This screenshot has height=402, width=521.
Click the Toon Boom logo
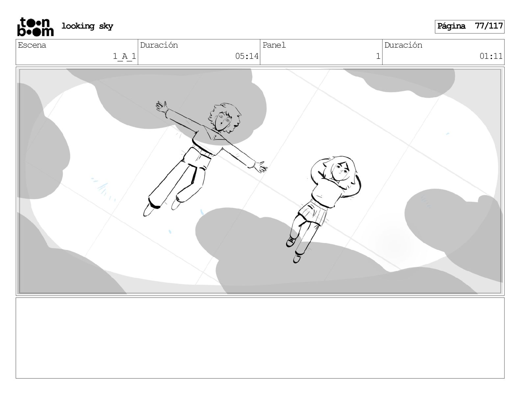pyautogui.click(x=36, y=27)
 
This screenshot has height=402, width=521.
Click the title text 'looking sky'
pyautogui.click(x=87, y=26)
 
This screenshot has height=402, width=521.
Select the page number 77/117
pyautogui.click(x=489, y=26)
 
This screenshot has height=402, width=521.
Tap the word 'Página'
pyautogui.click(x=451, y=26)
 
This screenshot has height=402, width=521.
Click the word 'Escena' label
pyautogui.click(x=32, y=45)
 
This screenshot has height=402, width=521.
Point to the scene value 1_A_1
pyautogui.click(x=124, y=56)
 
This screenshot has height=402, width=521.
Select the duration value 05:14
pyautogui.click(x=247, y=56)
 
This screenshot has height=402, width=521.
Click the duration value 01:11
pyautogui.click(x=491, y=56)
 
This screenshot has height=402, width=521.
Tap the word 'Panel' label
pyautogui.click(x=274, y=45)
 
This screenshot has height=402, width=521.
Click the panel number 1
pyautogui.click(x=378, y=56)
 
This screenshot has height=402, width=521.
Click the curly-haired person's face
pyautogui.click(x=223, y=121)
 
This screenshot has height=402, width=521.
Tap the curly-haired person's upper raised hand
pyautogui.click(x=161, y=106)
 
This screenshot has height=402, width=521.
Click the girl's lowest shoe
pyautogui.click(x=297, y=258)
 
